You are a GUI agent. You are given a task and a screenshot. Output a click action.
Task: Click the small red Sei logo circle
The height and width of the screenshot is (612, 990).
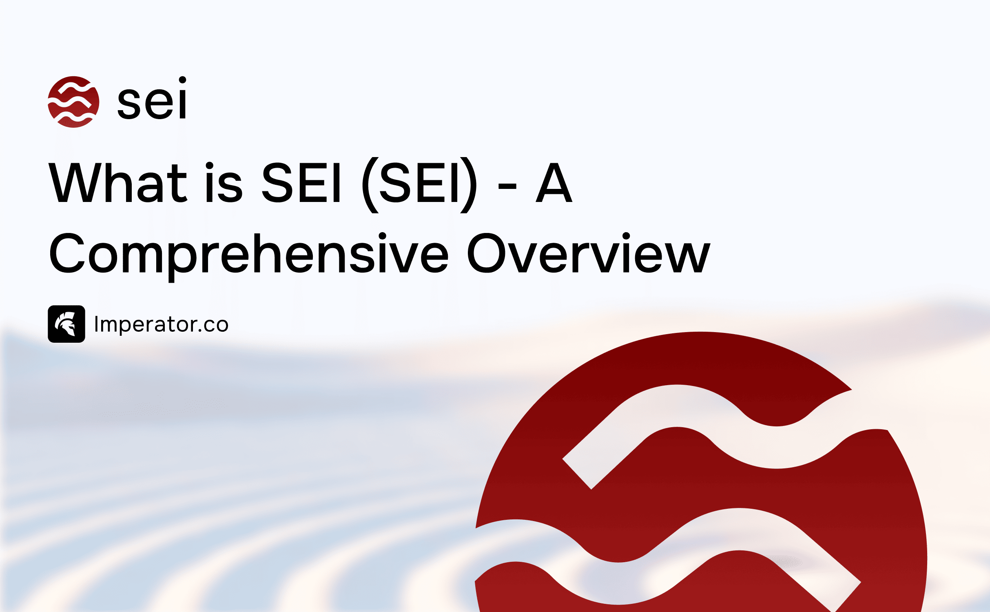click(73, 102)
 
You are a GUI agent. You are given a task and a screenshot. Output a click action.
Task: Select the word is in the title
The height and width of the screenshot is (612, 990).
click(224, 182)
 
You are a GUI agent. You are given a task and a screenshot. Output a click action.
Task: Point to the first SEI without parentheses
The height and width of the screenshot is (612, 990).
click(301, 182)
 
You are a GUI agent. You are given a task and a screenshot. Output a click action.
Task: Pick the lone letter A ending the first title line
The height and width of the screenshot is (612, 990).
click(554, 182)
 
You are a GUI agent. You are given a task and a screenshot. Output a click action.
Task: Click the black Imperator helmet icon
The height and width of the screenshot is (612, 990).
click(66, 324)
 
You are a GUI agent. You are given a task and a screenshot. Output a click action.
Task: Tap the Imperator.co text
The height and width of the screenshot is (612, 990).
click(161, 325)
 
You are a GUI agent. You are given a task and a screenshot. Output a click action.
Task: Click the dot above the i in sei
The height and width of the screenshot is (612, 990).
click(182, 80)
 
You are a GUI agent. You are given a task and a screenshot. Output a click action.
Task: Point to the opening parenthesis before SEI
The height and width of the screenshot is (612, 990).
click(370, 184)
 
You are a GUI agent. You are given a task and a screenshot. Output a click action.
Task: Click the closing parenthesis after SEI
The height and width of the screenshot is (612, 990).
click(468, 184)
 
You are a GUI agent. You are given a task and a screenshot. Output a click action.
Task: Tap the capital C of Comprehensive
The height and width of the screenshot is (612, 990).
click(66, 253)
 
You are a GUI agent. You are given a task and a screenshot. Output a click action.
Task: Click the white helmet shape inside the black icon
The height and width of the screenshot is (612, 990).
click(66, 324)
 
